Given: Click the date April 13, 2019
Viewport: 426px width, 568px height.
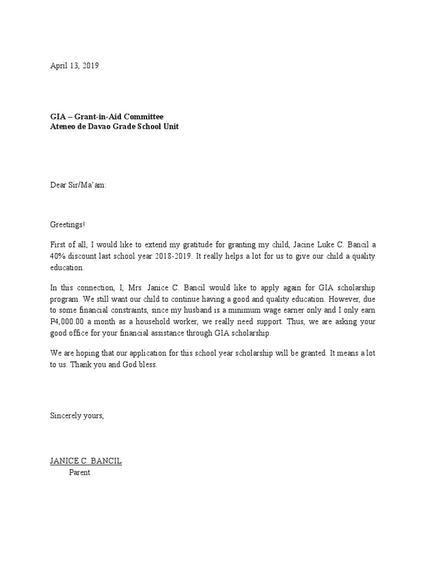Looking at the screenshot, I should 74,65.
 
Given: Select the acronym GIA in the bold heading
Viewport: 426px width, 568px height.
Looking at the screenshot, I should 58,116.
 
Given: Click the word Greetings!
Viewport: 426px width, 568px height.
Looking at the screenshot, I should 68,226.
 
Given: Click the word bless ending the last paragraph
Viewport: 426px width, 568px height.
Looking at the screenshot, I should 147,366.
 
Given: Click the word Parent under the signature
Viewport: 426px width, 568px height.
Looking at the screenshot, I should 79,473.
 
